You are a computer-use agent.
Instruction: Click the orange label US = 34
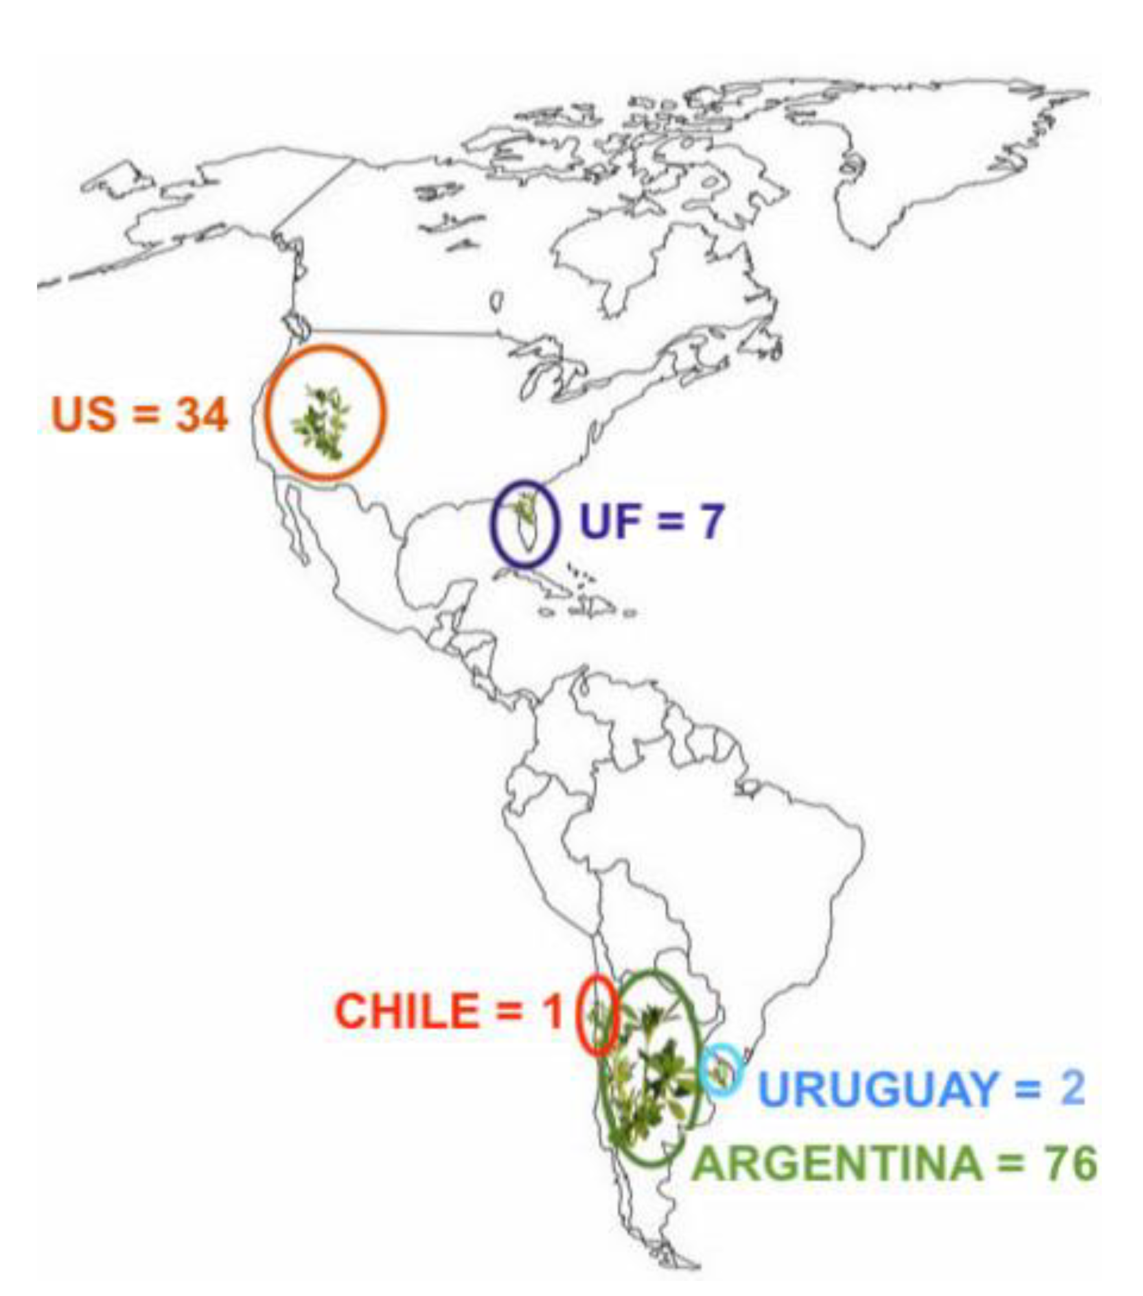139,415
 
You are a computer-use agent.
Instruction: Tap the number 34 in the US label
201,415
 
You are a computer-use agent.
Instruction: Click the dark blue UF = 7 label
651,521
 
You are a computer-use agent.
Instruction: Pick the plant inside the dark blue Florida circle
525,509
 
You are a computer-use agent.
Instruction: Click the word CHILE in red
406,1011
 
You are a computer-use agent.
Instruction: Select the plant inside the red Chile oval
599,1016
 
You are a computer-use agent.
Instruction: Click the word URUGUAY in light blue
879,1089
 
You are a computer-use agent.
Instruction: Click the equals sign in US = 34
142,415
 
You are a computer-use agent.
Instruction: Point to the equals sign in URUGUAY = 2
1028,1089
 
